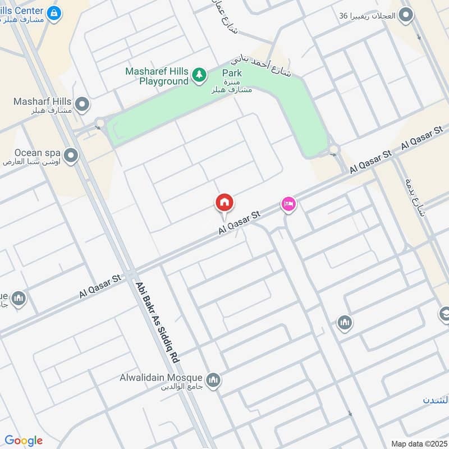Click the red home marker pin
[224, 203]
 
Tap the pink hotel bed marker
[288, 204]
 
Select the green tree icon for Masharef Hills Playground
[198, 75]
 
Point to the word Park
[232, 73]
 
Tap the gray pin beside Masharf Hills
[83, 104]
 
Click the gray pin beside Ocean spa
[71, 155]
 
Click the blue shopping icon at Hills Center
[54, 12]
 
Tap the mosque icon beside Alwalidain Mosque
[213, 381]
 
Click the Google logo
[24, 441]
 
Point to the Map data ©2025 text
[418, 443]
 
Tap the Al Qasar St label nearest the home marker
[241, 222]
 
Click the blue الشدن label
[436, 400]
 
